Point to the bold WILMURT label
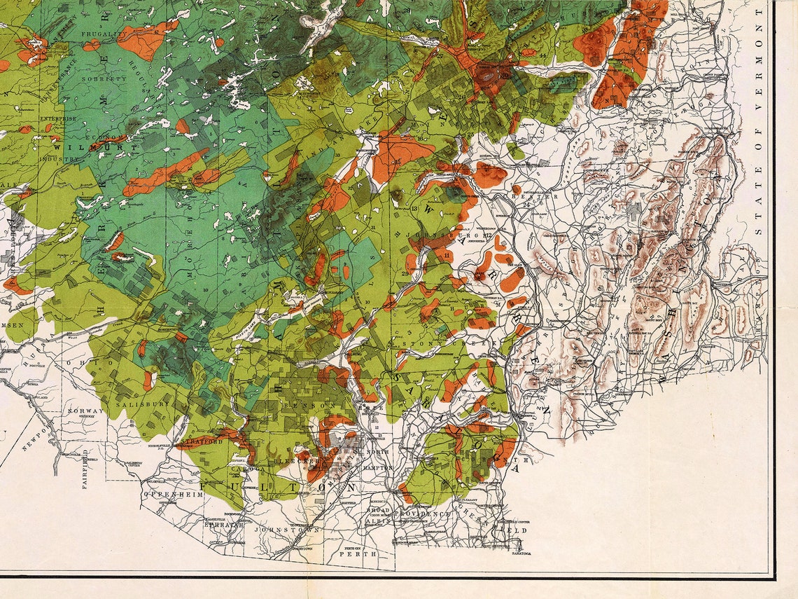tap(75, 148)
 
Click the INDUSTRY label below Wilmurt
tap(58, 159)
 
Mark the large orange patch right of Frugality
tap(147, 40)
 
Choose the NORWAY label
tap(85, 411)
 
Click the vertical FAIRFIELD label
tap(85, 469)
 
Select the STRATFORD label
tap(201, 442)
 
